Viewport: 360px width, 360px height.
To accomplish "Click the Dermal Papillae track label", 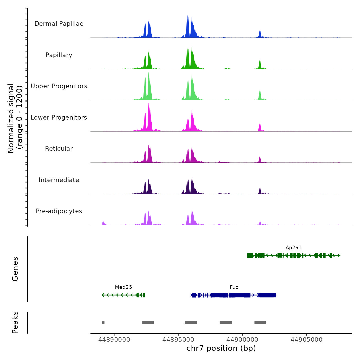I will click(59, 24).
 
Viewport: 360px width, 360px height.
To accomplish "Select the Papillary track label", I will click(59, 55).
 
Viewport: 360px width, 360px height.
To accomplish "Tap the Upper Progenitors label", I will click(59, 86).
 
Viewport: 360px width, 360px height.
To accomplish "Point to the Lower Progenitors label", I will click(59, 118).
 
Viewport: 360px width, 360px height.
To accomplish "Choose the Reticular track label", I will click(59, 149).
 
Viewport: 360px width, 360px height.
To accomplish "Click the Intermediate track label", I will click(59, 180).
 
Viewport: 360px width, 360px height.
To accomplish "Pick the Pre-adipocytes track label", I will click(59, 211).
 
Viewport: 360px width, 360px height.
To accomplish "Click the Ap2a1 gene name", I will click(293, 248).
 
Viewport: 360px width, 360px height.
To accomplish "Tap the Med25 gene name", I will click(123, 287).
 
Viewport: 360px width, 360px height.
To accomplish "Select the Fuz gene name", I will click(234, 287).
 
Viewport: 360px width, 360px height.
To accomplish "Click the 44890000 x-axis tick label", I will click(114, 340).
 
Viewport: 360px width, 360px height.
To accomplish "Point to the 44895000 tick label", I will click(178, 340).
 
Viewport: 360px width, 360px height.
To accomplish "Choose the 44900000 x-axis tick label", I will click(242, 340).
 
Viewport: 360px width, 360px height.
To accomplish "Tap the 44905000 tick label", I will click(306, 340).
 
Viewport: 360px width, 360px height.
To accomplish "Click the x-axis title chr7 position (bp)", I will click(221, 348).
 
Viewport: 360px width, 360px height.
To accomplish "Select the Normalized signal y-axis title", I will click(15, 118).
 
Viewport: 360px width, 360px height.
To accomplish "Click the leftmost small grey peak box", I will click(103, 323).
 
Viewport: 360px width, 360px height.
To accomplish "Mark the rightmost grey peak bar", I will click(260, 323).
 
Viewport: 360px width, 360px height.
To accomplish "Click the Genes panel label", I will click(15, 269).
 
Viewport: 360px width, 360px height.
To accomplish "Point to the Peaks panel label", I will click(15, 322).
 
